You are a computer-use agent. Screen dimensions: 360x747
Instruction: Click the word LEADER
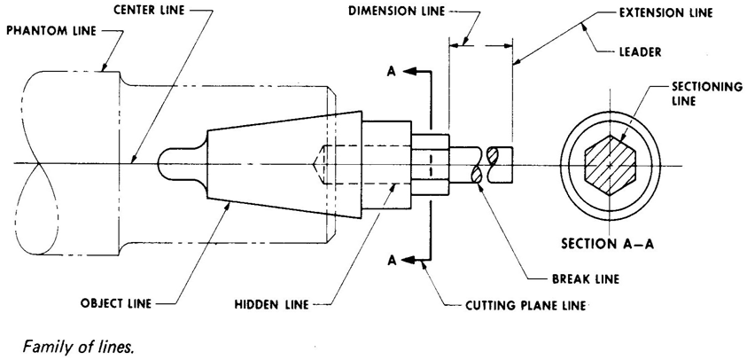(x=639, y=51)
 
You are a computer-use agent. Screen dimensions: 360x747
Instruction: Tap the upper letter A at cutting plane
(x=392, y=72)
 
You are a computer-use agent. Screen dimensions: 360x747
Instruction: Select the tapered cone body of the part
(x=284, y=164)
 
